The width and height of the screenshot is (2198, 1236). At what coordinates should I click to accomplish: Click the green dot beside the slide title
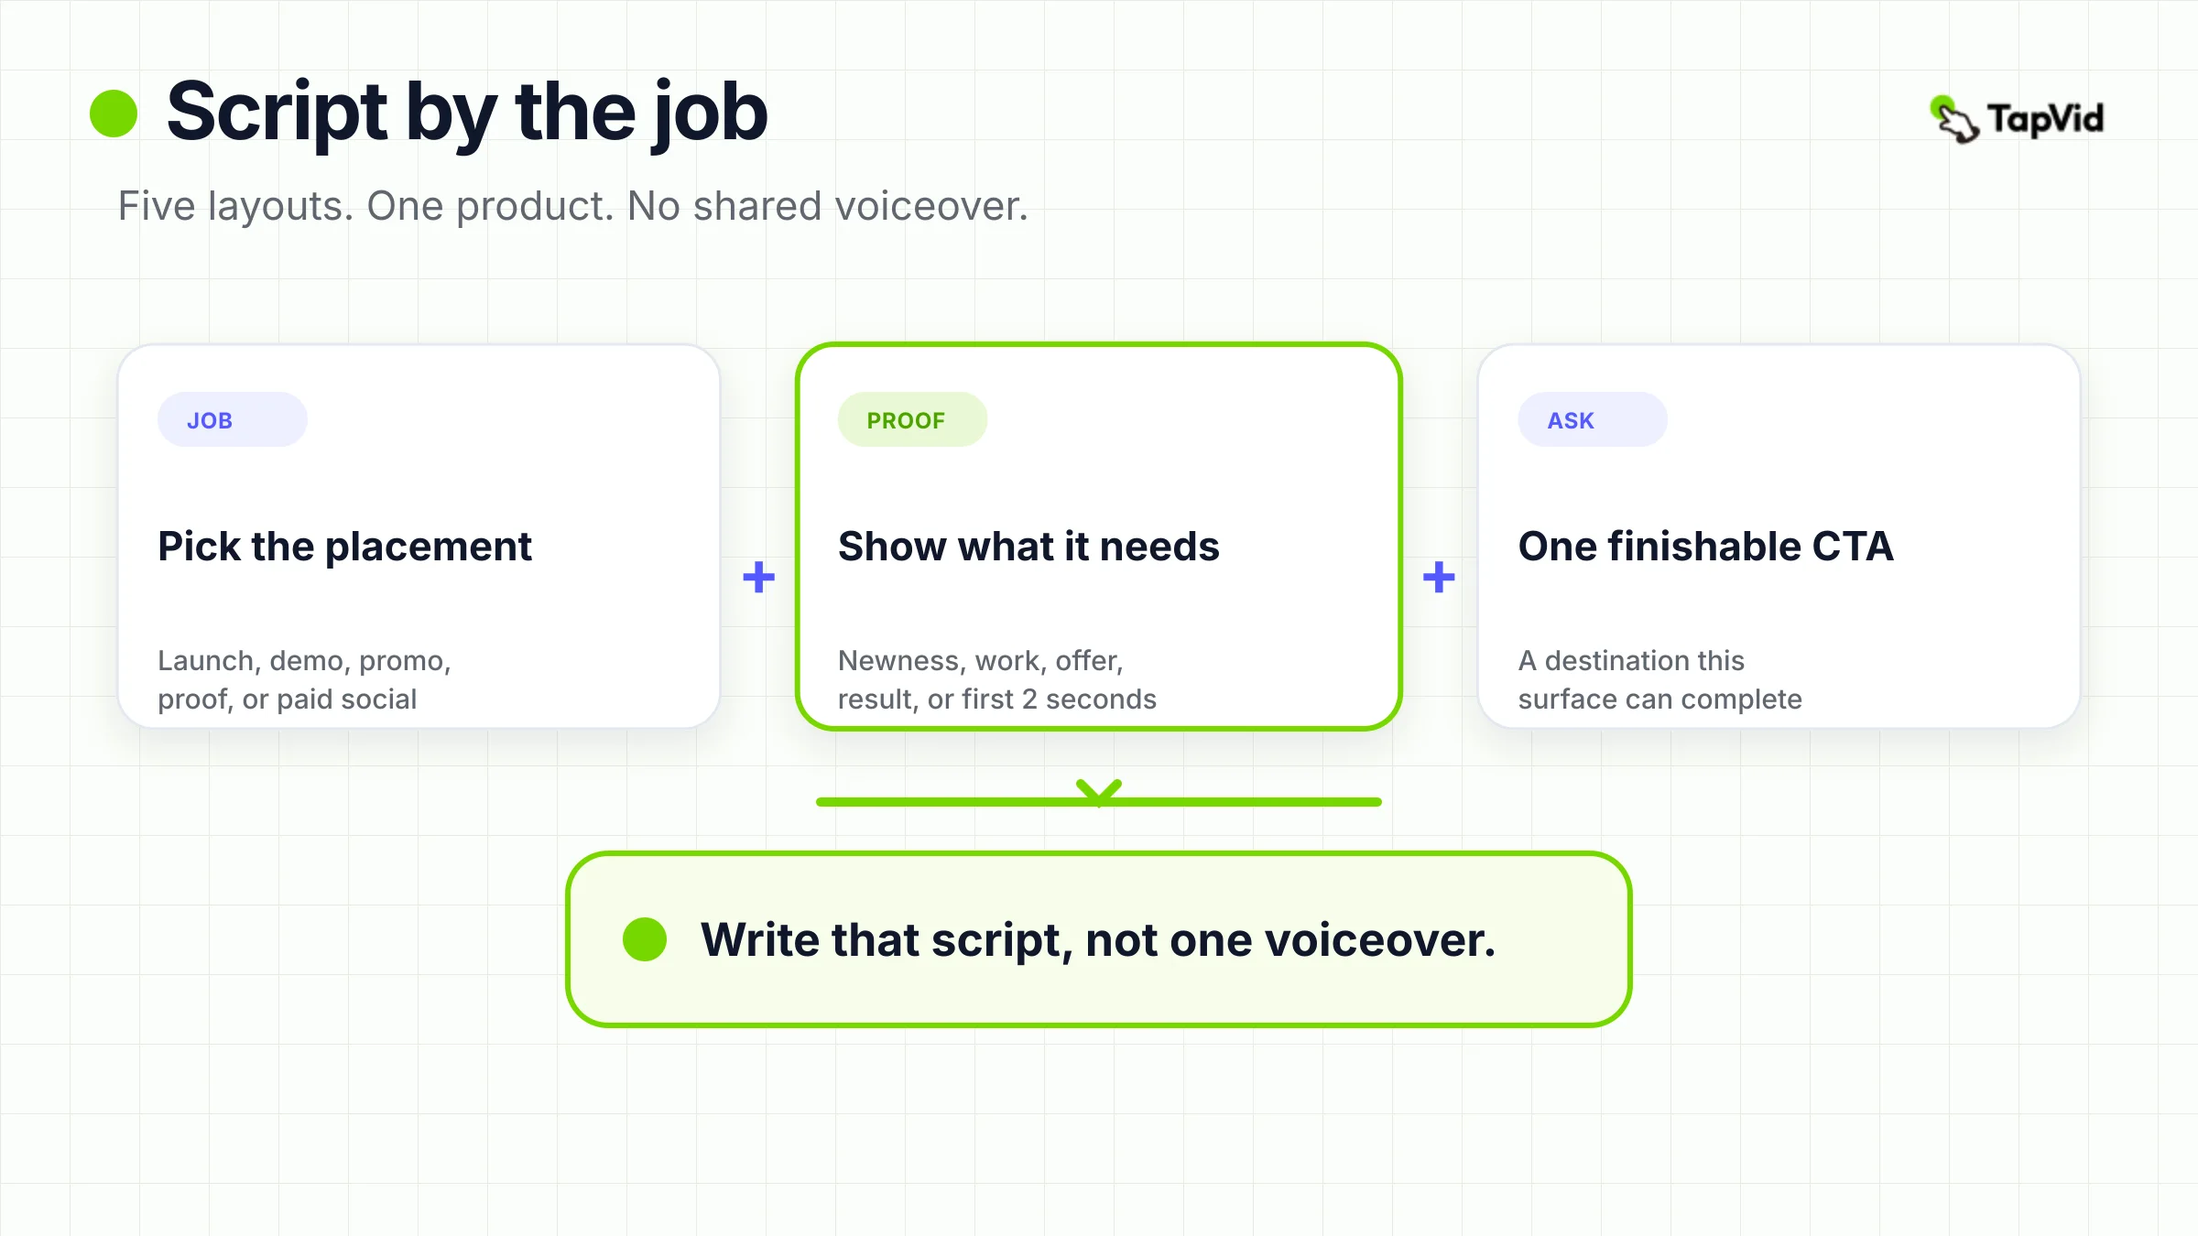pyautogui.click(x=114, y=113)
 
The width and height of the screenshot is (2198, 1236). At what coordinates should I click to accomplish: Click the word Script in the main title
pyautogui.click(x=277, y=114)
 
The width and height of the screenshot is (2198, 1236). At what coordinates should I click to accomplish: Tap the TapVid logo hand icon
pyautogui.click(x=1953, y=120)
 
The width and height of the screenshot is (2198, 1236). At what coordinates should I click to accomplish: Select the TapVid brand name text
pyautogui.click(x=2046, y=119)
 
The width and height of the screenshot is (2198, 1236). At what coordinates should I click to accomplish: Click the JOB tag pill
pyautogui.click(x=233, y=419)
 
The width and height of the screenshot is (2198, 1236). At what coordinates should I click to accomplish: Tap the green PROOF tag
pyautogui.click(x=912, y=419)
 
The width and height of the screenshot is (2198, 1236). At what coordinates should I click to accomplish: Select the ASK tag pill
pyautogui.click(x=1593, y=419)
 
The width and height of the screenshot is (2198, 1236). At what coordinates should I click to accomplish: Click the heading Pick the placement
pyautogui.click(x=344, y=547)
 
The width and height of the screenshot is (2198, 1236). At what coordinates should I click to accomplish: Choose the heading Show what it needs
pyautogui.click(x=1028, y=547)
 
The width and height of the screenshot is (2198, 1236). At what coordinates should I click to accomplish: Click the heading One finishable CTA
pyautogui.click(x=1705, y=547)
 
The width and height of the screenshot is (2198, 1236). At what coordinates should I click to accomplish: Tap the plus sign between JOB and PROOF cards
pyautogui.click(x=758, y=577)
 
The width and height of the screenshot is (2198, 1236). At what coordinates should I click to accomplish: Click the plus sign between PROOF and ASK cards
pyautogui.click(x=1439, y=577)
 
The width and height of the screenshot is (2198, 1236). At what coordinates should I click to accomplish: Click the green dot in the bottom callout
pyautogui.click(x=645, y=939)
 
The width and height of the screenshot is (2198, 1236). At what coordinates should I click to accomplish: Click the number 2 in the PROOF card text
pyautogui.click(x=1029, y=699)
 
